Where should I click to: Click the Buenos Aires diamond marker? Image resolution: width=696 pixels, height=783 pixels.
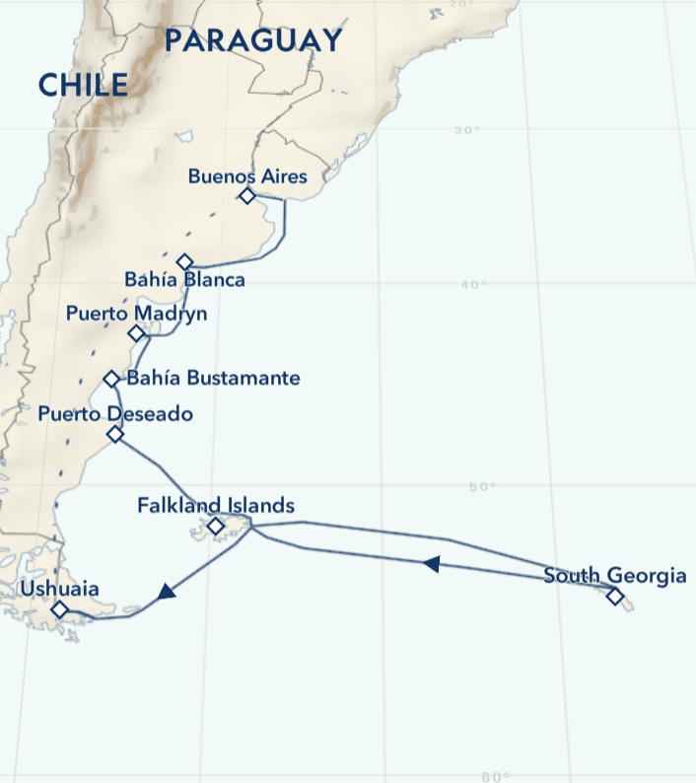tap(247, 196)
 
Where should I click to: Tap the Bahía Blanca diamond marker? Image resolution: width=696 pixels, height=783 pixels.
tap(184, 261)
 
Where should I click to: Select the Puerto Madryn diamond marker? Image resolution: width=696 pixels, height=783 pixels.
tap(136, 333)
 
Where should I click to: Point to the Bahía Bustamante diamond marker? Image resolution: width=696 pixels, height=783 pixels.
tap(111, 379)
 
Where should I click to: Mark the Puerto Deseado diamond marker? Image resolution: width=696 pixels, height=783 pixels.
tap(115, 434)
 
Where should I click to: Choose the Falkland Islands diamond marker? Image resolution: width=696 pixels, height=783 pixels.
tap(216, 526)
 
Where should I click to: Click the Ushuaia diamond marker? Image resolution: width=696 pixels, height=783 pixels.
tap(59, 609)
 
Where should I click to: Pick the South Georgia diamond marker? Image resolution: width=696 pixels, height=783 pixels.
tap(615, 596)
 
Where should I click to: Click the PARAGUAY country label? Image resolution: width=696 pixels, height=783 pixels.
tap(253, 40)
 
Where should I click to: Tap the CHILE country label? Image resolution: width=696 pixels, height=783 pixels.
tap(84, 85)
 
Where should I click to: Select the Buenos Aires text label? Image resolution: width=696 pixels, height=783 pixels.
tap(247, 177)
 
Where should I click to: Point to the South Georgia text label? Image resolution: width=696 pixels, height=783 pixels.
tap(614, 576)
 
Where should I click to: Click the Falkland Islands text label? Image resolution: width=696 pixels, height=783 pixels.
tap(216, 506)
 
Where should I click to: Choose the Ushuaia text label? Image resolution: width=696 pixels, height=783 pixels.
tap(59, 590)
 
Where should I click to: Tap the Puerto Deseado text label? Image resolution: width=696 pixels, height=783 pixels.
tap(115, 414)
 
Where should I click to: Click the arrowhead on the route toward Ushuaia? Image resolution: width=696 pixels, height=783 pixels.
tap(166, 592)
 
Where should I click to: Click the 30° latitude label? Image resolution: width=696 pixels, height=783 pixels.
tap(467, 131)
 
